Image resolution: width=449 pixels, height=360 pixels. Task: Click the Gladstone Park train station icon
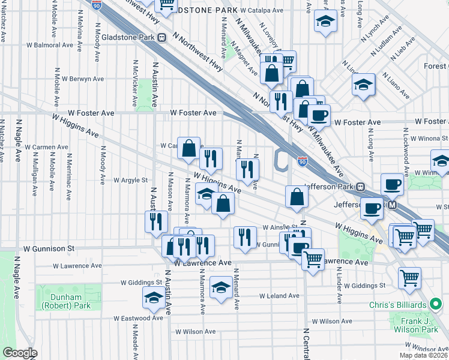[162, 37]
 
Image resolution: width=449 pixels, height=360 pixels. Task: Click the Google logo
[20, 353]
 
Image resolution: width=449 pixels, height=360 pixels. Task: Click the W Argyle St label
[130, 180]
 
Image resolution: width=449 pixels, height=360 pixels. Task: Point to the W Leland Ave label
[279, 296]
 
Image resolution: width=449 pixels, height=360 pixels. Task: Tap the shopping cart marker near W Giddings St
[409, 277]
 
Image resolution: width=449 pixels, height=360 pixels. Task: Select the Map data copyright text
[423, 355]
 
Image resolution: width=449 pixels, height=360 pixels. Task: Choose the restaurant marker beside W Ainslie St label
[244, 236]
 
